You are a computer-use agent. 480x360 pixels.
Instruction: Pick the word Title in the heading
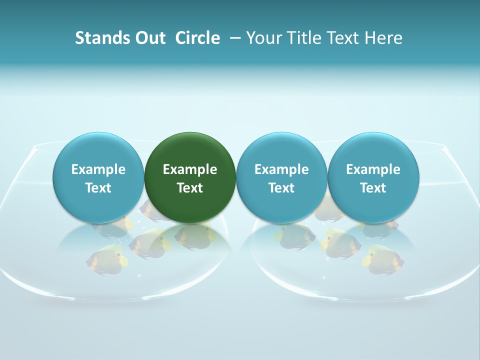coord(301,38)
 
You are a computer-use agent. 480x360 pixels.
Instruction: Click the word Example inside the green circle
coord(190,169)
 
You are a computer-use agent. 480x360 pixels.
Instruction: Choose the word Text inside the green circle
coord(190,188)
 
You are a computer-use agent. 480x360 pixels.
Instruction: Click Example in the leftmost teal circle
coord(98,169)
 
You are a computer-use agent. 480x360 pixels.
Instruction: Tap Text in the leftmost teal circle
coord(98,188)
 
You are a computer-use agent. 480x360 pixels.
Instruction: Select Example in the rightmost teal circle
coord(373,169)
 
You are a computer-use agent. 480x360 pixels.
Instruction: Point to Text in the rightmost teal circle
coord(373,188)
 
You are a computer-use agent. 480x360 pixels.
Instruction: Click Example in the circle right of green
coord(281,169)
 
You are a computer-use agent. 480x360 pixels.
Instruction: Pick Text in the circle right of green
coord(281,188)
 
